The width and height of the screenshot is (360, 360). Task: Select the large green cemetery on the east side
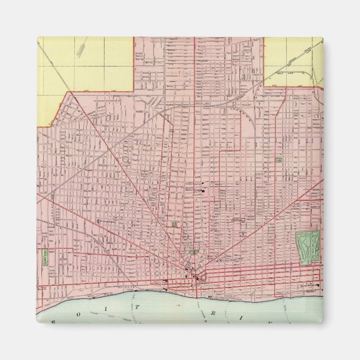[x=307, y=244]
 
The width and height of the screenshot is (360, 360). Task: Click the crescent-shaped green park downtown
[x=193, y=252]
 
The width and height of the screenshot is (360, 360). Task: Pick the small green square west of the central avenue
[x=174, y=224]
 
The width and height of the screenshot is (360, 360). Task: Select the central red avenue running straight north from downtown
[x=194, y=168]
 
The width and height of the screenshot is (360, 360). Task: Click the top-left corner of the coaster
[x=38, y=38]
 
